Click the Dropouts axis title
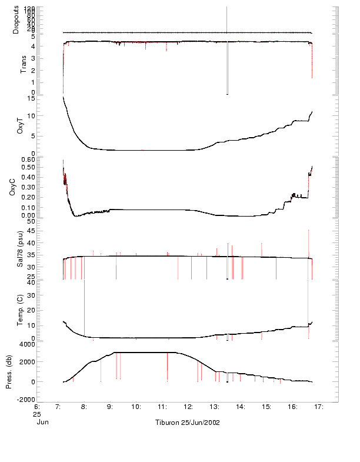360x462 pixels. [16, 19]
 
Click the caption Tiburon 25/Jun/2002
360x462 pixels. [187, 423]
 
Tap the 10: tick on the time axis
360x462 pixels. [136, 407]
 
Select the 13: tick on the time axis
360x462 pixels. [214, 407]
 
